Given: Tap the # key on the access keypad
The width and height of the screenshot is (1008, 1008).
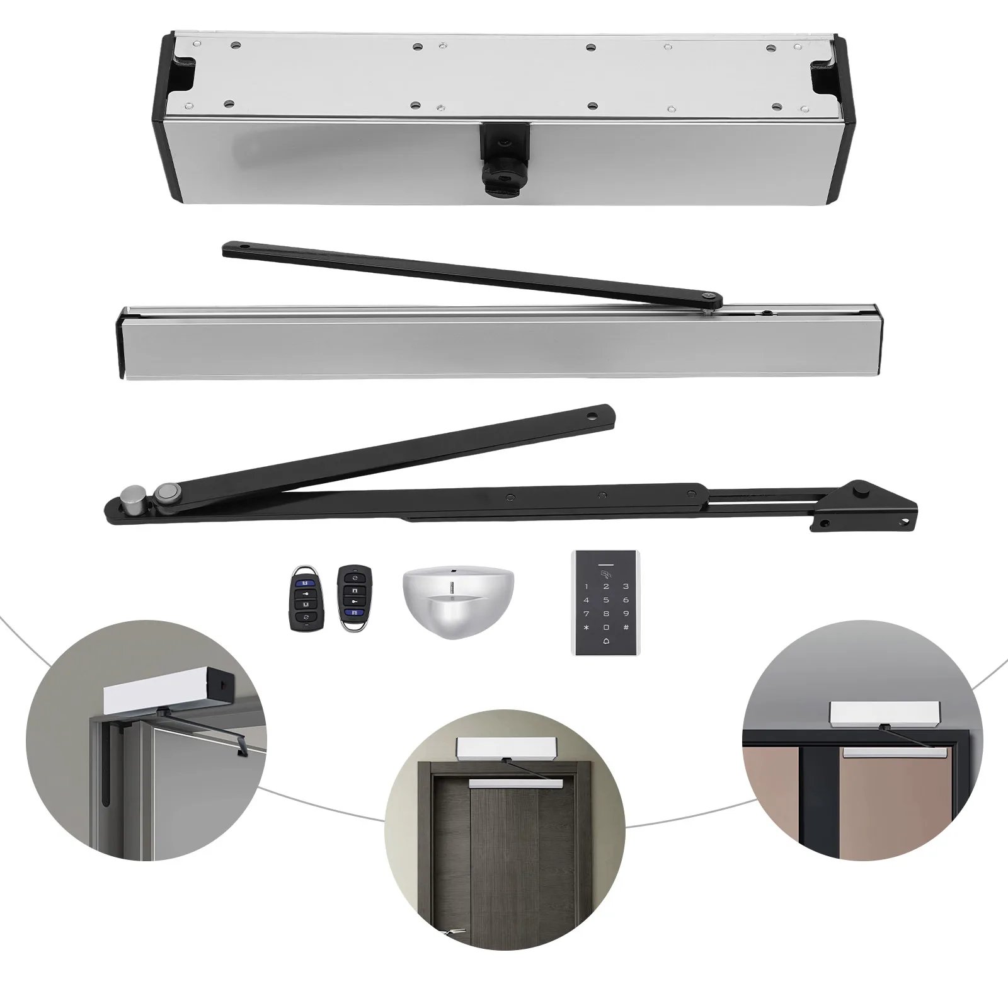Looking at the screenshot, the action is [x=626, y=627].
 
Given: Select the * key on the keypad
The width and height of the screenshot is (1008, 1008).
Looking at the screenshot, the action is [x=587, y=627].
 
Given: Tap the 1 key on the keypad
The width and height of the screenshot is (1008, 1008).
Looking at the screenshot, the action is [x=587, y=587].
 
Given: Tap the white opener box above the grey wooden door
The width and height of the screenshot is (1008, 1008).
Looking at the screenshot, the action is [x=504, y=748].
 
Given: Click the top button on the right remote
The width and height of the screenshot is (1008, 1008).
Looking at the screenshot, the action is [x=354, y=578].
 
